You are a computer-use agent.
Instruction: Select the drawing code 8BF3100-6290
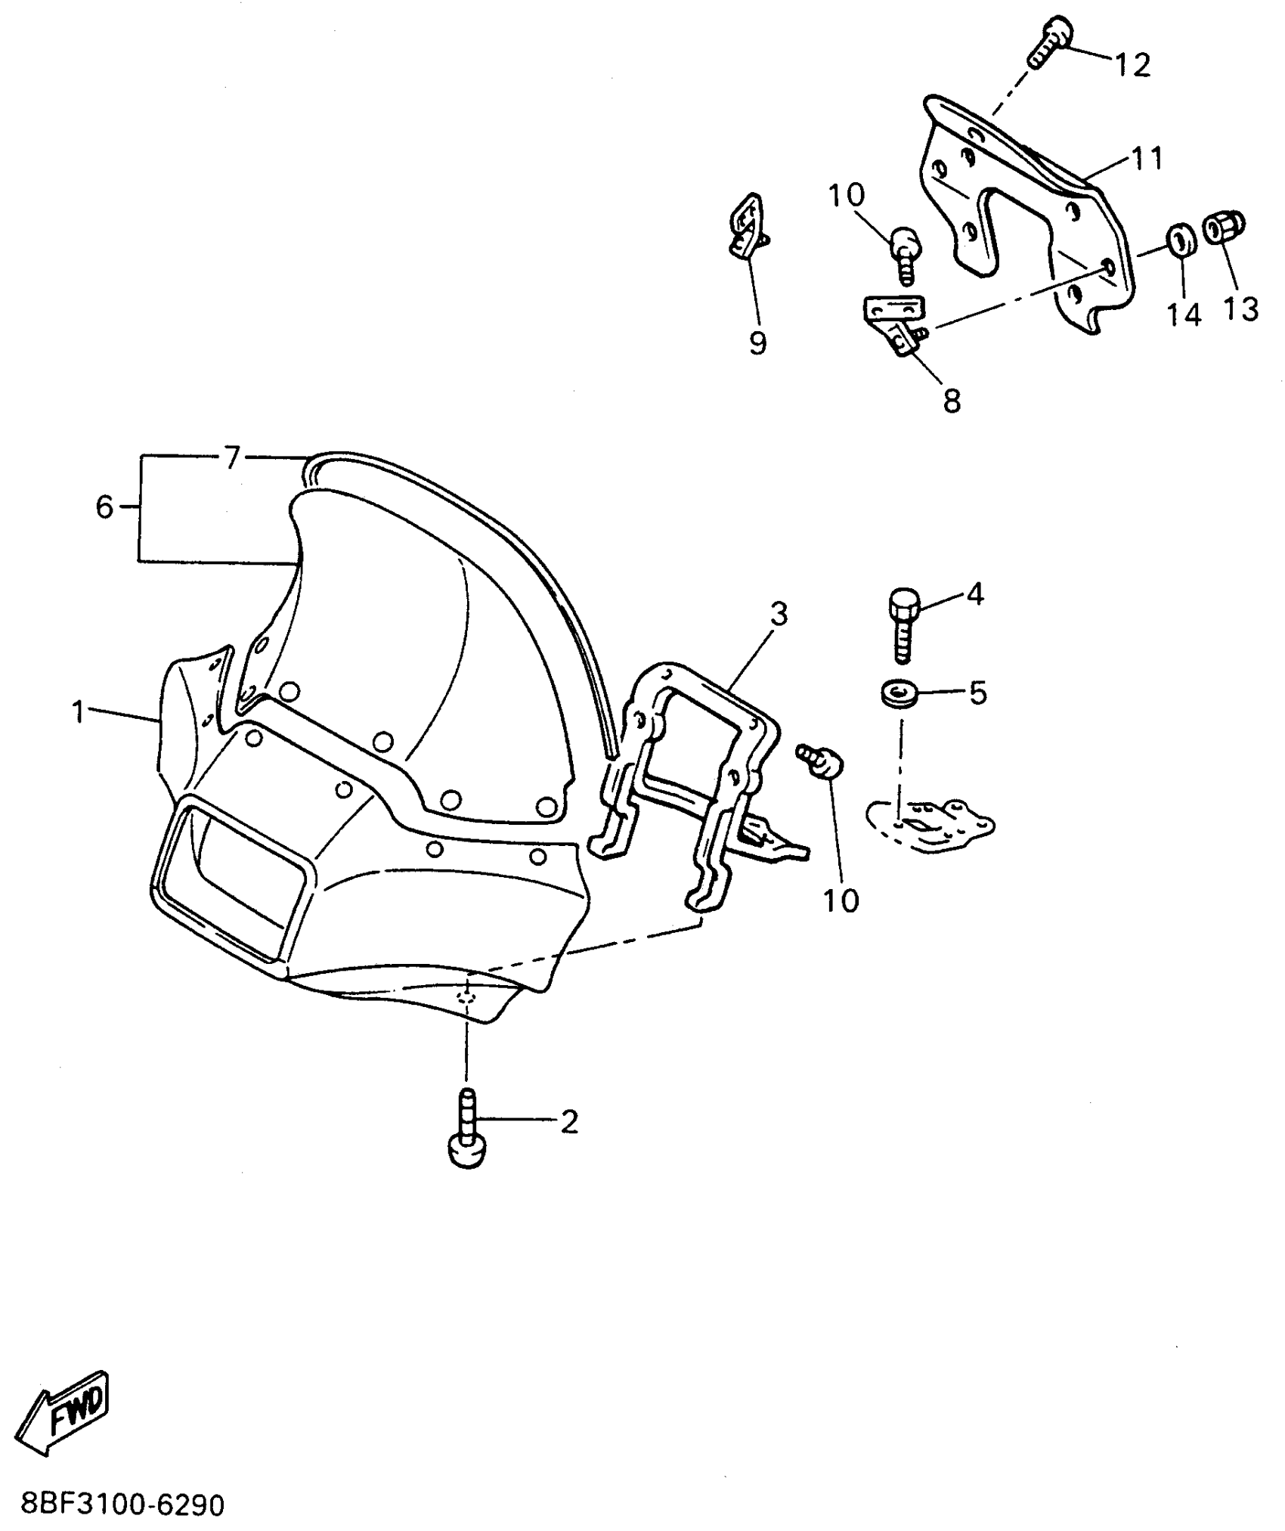(x=122, y=1505)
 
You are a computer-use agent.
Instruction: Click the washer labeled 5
(x=898, y=693)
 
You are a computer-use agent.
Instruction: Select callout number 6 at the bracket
(x=104, y=507)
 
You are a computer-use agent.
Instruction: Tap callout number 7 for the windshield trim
(x=231, y=457)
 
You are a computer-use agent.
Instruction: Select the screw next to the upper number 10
(x=906, y=253)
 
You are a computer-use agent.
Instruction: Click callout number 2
(x=568, y=1121)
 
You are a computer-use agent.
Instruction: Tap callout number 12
(x=1133, y=65)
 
